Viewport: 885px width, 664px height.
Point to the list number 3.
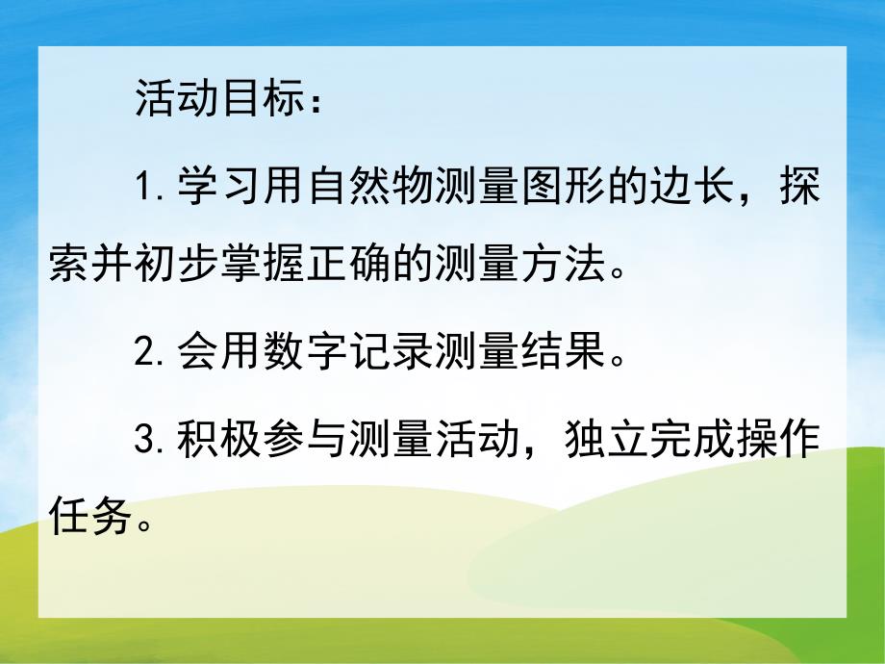coord(146,441)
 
